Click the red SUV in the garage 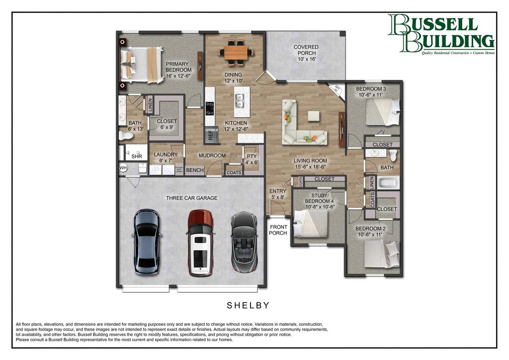click(200, 243)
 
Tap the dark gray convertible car click(244, 242)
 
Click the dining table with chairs click(236, 52)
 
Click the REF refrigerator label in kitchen click(211, 134)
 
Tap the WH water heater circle click(123, 168)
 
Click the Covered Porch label click(306, 53)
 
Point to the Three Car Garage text click(192, 198)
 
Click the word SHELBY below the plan click(249, 305)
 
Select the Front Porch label click(278, 230)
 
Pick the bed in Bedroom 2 click(381, 254)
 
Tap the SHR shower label click(136, 156)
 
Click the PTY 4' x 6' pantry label click(252, 159)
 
